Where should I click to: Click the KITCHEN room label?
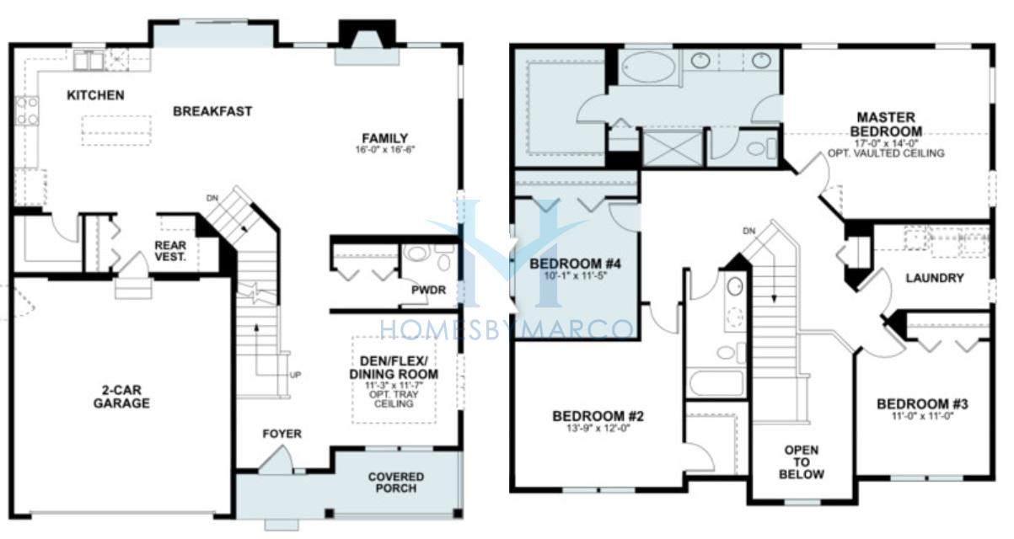pos(95,95)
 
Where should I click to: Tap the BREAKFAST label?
pos(212,111)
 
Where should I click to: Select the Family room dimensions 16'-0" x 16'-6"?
pos(385,149)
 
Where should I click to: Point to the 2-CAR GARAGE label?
pos(121,397)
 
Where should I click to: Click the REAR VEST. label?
pos(170,251)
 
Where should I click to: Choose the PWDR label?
pos(428,290)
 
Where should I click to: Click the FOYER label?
pos(282,434)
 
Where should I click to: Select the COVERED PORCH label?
pos(395,483)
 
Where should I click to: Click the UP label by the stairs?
pos(295,375)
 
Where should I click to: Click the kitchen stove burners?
pos(27,111)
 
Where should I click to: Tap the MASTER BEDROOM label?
pos(886,125)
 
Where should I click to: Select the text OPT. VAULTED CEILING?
pos(886,153)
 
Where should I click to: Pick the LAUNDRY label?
pos(934,278)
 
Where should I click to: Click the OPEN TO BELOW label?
pos(802,462)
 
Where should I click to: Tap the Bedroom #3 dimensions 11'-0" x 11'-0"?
pos(923,416)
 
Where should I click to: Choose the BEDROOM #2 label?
pos(598,416)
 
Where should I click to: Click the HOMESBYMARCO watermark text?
pos(506,329)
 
